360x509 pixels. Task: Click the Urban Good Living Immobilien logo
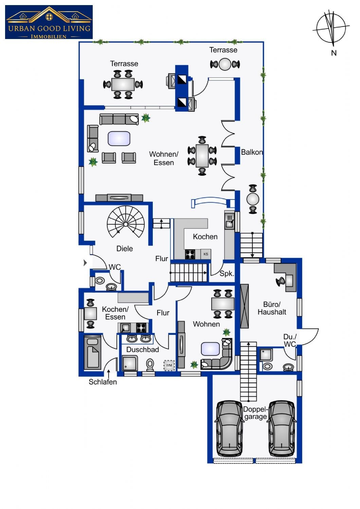click(49, 22)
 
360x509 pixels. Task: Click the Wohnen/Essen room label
click(164, 158)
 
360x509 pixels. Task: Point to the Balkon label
click(252, 152)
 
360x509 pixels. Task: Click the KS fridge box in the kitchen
click(205, 254)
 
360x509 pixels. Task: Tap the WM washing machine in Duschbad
click(169, 365)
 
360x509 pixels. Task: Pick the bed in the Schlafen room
click(93, 353)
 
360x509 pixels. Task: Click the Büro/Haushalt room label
click(272, 308)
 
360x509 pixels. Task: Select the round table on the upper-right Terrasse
click(225, 64)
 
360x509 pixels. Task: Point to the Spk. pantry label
click(227, 274)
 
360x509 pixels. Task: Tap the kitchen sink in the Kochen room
click(230, 221)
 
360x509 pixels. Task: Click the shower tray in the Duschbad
click(130, 363)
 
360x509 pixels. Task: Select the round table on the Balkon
click(253, 199)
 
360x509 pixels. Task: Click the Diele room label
click(125, 249)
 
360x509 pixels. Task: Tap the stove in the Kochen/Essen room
click(141, 328)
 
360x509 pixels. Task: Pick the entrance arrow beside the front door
click(85, 263)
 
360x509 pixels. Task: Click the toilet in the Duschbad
click(150, 365)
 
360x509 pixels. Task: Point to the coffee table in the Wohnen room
click(210, 349)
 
